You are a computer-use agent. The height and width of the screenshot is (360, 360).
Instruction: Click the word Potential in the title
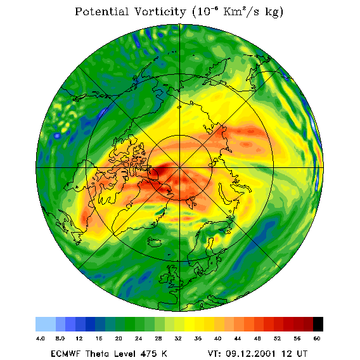(101, 11)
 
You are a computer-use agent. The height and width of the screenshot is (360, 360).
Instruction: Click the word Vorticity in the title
(160, 11)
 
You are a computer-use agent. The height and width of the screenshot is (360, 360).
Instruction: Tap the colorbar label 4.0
(40, 338)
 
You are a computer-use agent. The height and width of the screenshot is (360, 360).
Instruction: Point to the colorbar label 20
(119, 338)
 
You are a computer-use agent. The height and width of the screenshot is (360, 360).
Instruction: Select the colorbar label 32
(178, 338)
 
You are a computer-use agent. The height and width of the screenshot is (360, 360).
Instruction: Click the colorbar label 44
(238, 338)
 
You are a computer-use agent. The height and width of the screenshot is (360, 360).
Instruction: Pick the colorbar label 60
(317, 338)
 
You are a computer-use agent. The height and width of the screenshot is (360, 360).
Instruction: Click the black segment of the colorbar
(318, 324)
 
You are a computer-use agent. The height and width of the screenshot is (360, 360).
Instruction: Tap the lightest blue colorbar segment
(46, 324)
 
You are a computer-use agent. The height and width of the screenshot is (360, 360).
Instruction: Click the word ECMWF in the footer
(66, 354)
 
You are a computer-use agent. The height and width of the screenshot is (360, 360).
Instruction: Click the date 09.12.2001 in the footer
(251, 354)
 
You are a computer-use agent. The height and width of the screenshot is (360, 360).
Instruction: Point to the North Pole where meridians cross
(179, 167)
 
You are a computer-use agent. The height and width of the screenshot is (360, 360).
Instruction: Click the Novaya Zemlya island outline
(224, 194)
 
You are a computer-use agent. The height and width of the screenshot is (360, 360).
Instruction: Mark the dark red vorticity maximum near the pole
(162, 170)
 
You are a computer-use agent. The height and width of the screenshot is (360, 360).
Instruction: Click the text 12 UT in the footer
(294, 354)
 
